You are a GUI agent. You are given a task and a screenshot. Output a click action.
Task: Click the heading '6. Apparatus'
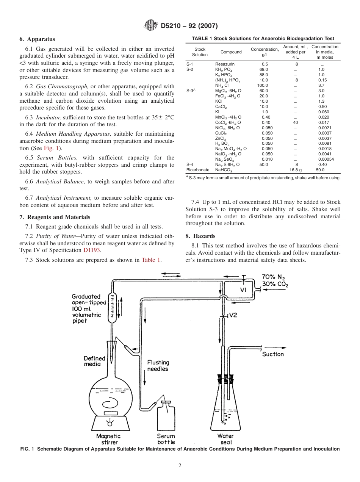(x=37, y=39)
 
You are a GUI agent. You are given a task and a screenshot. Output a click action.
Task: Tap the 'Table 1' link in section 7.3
(x=151, y=260)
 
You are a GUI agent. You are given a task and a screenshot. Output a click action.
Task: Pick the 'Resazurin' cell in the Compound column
(x=225, y=64)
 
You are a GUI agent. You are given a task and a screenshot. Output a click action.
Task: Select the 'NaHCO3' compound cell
(x=223, y=170)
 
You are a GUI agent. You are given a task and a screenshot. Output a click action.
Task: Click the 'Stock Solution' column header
(x=200, y=52)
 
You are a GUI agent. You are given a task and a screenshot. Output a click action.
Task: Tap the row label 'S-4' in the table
(x=190, y=164)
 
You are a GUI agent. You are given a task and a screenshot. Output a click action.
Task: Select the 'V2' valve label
(x=233, y=315)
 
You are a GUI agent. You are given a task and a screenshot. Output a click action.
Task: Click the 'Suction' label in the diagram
(x=273, y=354)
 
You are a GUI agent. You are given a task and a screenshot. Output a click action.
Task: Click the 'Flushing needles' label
(x=158, y=366)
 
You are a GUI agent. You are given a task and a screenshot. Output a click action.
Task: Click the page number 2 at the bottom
(x=180, y=466)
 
